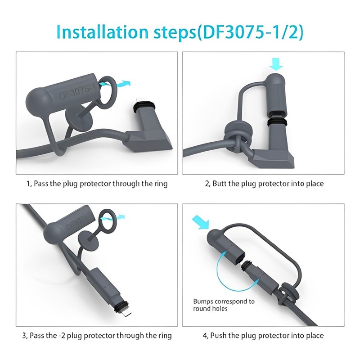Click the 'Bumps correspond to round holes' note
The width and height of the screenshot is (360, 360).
click(224, 305)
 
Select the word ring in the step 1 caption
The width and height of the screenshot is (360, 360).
click(160, 184)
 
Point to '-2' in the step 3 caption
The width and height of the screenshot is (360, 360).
click(64, 336)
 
